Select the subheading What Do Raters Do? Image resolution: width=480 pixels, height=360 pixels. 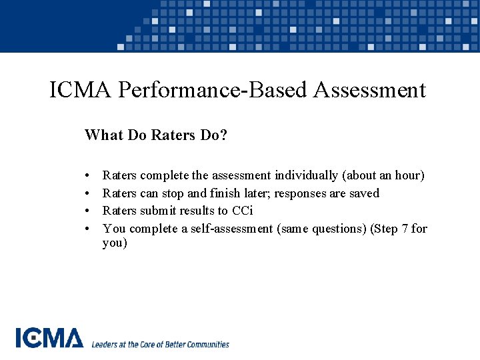[x=156, y=135]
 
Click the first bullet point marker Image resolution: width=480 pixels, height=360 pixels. [x=88, y=176]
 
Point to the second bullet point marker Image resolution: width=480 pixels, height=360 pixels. [x=88, y=194]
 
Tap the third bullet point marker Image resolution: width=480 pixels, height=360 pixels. [x=88, y=211]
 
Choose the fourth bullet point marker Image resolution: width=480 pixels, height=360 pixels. [x=88, y=229]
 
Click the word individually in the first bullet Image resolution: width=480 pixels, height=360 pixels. [x=306, y=175]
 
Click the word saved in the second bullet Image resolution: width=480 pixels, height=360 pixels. [x=363, y=193]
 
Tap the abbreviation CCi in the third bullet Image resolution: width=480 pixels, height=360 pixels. [x=243, y=211]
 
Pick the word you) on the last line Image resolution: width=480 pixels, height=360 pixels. [x=115, y=243]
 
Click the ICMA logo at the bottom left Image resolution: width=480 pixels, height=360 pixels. [x=49, y=339]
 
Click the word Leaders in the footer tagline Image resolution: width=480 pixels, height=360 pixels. [x=105, y=345]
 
